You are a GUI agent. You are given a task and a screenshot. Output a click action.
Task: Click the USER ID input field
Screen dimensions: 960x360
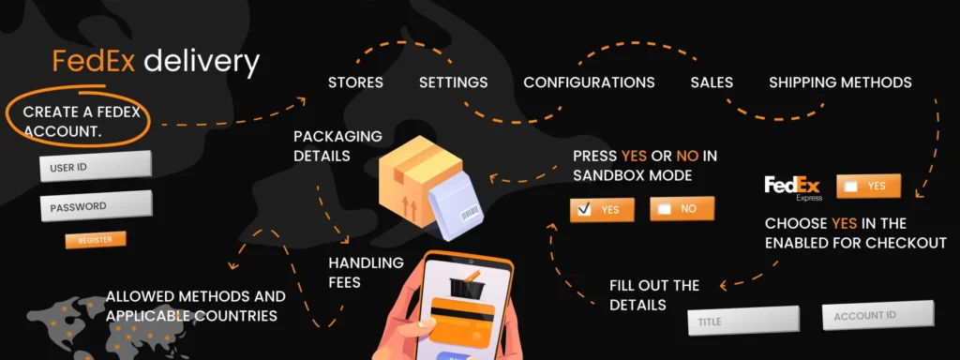click(95, 166)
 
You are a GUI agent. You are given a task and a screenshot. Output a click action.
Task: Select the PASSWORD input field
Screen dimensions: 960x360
click(95, 206)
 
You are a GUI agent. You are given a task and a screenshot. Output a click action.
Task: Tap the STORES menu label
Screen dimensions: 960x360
click(355, 82)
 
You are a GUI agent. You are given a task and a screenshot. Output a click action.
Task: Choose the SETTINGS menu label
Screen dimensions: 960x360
click(453, 82)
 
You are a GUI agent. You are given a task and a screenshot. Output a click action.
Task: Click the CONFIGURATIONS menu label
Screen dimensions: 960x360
click(589, 82)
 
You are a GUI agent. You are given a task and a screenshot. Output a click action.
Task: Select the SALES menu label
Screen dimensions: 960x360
click(712, 82)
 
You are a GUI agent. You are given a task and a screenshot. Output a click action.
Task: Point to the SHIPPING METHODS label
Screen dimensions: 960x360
click(840, 82)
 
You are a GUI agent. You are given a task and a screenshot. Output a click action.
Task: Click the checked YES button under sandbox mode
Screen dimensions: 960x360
click(602, 209)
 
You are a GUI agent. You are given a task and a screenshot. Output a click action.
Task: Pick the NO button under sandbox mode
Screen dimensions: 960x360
click(682, 208)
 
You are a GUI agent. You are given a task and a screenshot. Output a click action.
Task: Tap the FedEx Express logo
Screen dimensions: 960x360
click(793, 187)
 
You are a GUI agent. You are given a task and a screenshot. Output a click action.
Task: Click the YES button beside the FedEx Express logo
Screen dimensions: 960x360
click(868, 186)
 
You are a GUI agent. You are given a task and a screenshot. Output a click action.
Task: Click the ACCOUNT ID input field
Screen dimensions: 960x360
click(877, 315)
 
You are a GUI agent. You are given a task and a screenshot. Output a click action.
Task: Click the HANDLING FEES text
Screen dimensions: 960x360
click(366, 271)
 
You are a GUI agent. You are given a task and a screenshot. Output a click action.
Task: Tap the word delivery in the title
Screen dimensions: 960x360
click(201, 63)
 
